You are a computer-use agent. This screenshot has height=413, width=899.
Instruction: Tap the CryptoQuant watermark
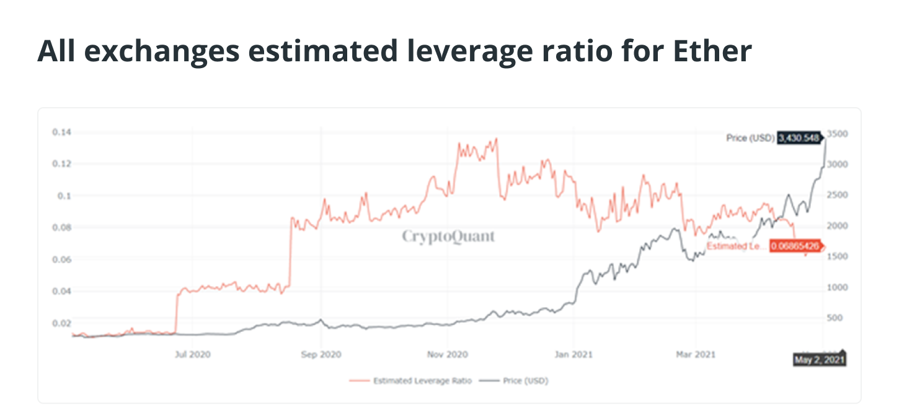pyautogui.click(x=448, y=236)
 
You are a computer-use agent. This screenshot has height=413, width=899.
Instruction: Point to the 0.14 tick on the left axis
pyautogui.click(x=62, y=132)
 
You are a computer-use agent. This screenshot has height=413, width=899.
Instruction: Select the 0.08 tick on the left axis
pyautogui.click(x=62, y=227)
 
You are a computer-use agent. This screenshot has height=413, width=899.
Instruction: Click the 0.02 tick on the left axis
pyautogui.click(x=62, y=323)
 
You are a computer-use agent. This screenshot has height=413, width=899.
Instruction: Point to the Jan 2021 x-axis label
pyautogui.click(x=574, y=355)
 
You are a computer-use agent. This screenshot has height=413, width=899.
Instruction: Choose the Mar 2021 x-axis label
pyautogui.click(x=696, y=355)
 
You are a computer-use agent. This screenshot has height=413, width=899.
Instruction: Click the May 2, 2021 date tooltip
pyautogui.click(x=819, y=360)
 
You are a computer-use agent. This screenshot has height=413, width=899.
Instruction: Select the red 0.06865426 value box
pyautogui.click(x=795, y=246)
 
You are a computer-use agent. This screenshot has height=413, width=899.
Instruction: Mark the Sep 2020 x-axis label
pyautogui.click(x=321, y=355)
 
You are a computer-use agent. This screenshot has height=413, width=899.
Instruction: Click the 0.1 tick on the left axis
pyautogui.click(x=64, y=196)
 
